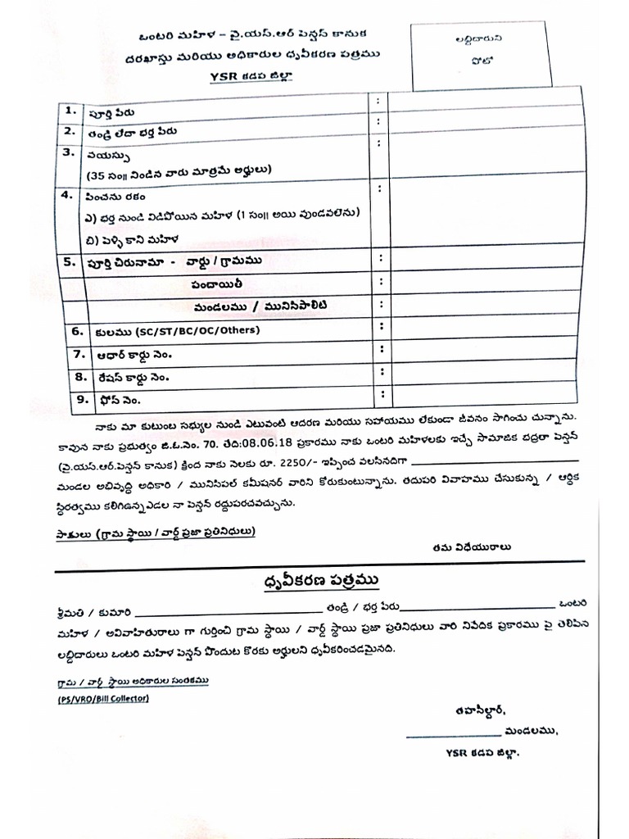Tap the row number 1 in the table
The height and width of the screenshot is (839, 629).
[70, 110]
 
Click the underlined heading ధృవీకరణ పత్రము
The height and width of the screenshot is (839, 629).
[315, 581]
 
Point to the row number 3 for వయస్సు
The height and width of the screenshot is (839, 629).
[70, 152]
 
